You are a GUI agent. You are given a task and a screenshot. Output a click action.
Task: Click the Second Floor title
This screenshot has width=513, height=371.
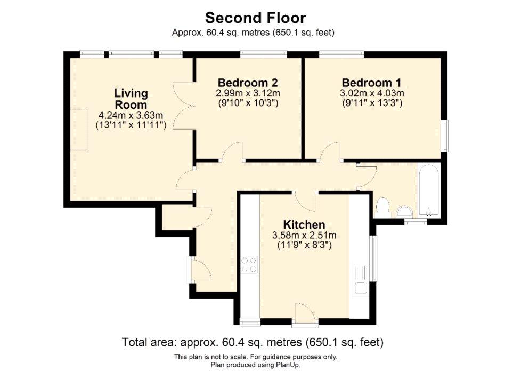(x=256, y=18)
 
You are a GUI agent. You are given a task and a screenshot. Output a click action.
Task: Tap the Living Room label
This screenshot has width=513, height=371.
(x=131, y=99)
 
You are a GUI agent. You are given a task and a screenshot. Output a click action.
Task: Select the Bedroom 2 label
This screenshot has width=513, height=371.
(x=248, y=83)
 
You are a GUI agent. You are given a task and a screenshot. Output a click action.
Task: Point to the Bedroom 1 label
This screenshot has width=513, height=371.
(x=372, y=83)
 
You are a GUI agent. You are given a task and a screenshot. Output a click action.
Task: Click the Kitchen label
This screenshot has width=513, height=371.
(x=304, y=224)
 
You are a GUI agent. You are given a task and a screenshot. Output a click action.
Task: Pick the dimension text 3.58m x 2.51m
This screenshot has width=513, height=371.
(x=304, y=235)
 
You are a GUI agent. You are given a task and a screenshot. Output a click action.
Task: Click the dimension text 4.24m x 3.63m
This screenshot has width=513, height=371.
(x=131, y=115)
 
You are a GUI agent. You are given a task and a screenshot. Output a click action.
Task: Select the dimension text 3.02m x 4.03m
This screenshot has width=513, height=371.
(x=372, y=93)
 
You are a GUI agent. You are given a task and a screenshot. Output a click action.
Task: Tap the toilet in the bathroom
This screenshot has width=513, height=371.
(x=382, y=207)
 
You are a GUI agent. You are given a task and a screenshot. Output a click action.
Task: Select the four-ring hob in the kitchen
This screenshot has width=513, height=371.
(x=249, y=265)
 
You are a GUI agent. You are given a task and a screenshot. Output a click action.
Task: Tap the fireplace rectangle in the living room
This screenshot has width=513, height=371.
(x=79, y=130)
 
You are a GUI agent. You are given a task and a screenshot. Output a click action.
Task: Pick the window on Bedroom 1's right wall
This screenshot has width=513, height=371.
(x=445, y=136)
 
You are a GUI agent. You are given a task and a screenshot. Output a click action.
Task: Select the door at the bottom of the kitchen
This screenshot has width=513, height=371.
(x=305, y=315)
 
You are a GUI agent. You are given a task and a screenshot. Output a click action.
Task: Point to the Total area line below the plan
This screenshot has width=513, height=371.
(x=253, y=343)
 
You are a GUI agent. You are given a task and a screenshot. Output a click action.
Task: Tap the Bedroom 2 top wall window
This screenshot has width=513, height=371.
(x=264, y=54)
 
